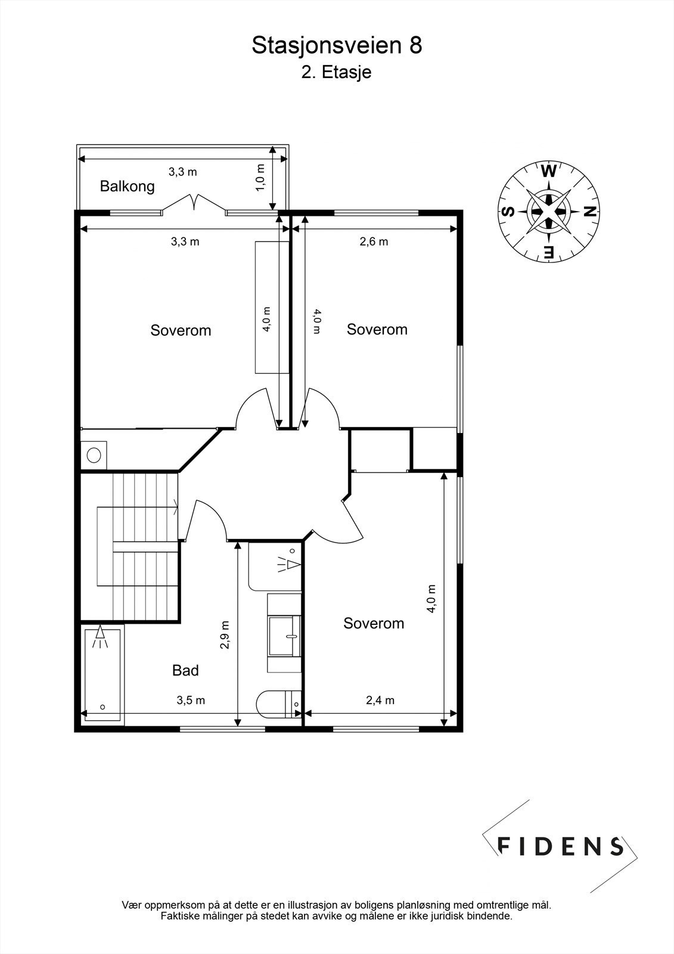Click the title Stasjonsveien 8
tap(337, 45)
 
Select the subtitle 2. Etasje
tap(336, 73)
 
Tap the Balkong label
tap(127, 186)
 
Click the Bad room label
tap(185, 670)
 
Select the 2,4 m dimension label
tap(380, 700)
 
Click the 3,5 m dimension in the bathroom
tap(191, 700)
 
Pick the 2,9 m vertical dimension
tap(225, 635)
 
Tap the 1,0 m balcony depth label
tap(260, 177)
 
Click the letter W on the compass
tap(548, 172)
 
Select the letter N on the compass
tap(588, 211)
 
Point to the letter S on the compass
tap(508, 211)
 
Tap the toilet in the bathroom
tap(278, 705)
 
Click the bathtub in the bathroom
tap(102, 674)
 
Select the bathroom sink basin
tap(284, 635)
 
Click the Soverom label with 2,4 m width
tap(374, 623)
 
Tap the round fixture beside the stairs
tap(94, 456)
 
